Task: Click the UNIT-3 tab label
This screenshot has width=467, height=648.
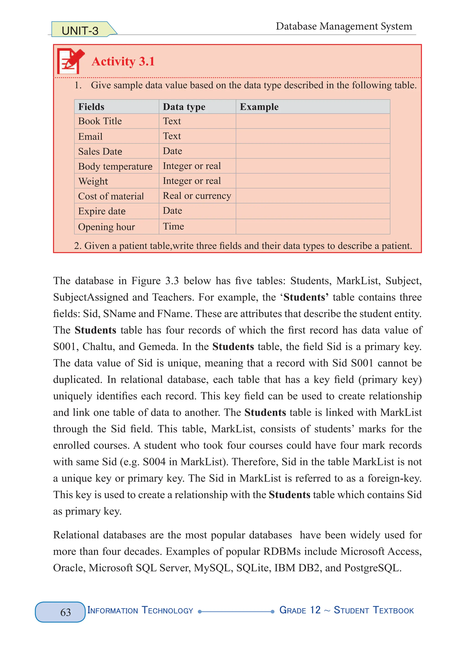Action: [80, 31]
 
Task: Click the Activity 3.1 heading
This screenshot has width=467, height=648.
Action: [123, 61]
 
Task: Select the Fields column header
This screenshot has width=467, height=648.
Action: [91, 107]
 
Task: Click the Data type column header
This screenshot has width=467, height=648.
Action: [184, 107]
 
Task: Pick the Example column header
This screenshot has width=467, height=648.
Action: [259, 107]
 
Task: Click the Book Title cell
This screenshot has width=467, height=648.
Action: [100, 121]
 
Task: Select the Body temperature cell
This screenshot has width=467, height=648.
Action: [115, 166]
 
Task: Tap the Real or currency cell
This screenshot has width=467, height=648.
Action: [197, 196]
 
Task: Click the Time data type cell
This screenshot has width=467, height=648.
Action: [173, 226]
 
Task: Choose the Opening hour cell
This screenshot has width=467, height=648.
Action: [106, 227]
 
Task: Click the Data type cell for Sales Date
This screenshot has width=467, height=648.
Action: [173, 151]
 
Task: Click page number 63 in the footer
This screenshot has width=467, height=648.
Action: [65, 612]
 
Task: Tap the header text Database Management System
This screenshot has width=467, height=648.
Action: [344, 26]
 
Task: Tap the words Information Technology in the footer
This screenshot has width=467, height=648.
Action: [140, 610]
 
